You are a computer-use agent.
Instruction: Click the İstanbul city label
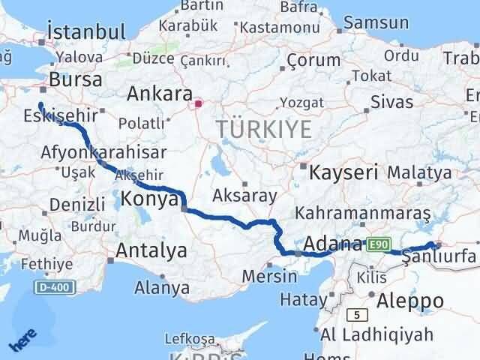(x=85, y=32)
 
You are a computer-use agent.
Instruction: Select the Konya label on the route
(x=150, y=200)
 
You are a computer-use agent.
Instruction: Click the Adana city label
(x=334, y=244)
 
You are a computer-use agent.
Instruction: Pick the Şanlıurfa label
(x=439, y=258)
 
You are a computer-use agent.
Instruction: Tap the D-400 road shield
(x=53, y=287)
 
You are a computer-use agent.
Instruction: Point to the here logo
(x=23, y=342)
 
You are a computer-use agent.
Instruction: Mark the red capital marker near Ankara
(x=199, y=106)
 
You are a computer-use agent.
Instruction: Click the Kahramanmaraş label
(x=362, y=214)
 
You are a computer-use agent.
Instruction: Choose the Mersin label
(x=269, y=276)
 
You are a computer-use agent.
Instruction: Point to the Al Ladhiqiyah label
(x=376, y=334)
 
